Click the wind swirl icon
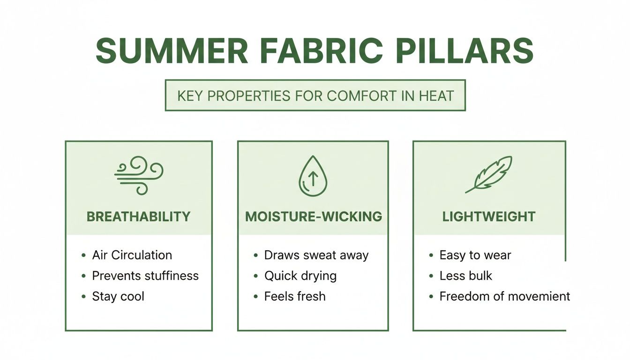139,175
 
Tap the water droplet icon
313,176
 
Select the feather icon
489,174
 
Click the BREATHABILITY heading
139,217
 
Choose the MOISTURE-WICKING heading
313,217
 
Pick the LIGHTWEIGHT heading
489,217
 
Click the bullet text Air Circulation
132,255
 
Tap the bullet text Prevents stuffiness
145,276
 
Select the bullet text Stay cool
118,296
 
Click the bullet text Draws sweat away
316,255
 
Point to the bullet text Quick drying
300,276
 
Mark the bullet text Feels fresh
295,296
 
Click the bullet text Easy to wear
475,255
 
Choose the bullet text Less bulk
465,276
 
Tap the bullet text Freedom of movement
504,296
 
